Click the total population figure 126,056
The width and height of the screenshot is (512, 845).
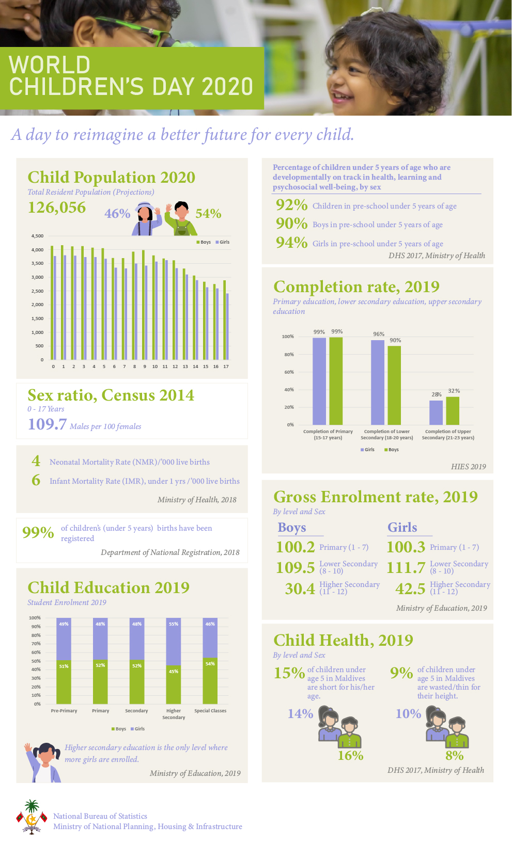(x=57, y=208)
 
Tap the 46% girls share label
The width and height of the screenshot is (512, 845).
(x=117, y=214)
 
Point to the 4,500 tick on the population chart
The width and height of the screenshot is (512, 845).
(x=37, y=236)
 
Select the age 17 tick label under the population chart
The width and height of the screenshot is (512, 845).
(x=226, y=366)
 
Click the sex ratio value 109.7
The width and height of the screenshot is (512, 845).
(x=47, y=424)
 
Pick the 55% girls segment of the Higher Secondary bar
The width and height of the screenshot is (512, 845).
(x=173, y=641)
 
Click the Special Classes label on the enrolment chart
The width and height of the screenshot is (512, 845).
(x=210, y=711)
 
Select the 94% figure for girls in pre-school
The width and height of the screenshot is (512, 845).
(x=291, y=243)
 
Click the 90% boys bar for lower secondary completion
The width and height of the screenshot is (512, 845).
(x=394, y=385)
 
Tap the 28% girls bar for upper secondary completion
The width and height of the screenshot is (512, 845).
(x=436, y=412)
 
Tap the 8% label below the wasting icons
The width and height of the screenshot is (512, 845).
(x=455, y=756)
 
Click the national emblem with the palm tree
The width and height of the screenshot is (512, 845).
(x=32, y=817)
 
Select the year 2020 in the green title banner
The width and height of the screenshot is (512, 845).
(x=227, y=86)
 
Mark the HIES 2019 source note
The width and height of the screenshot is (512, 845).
(x=468, y=467)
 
